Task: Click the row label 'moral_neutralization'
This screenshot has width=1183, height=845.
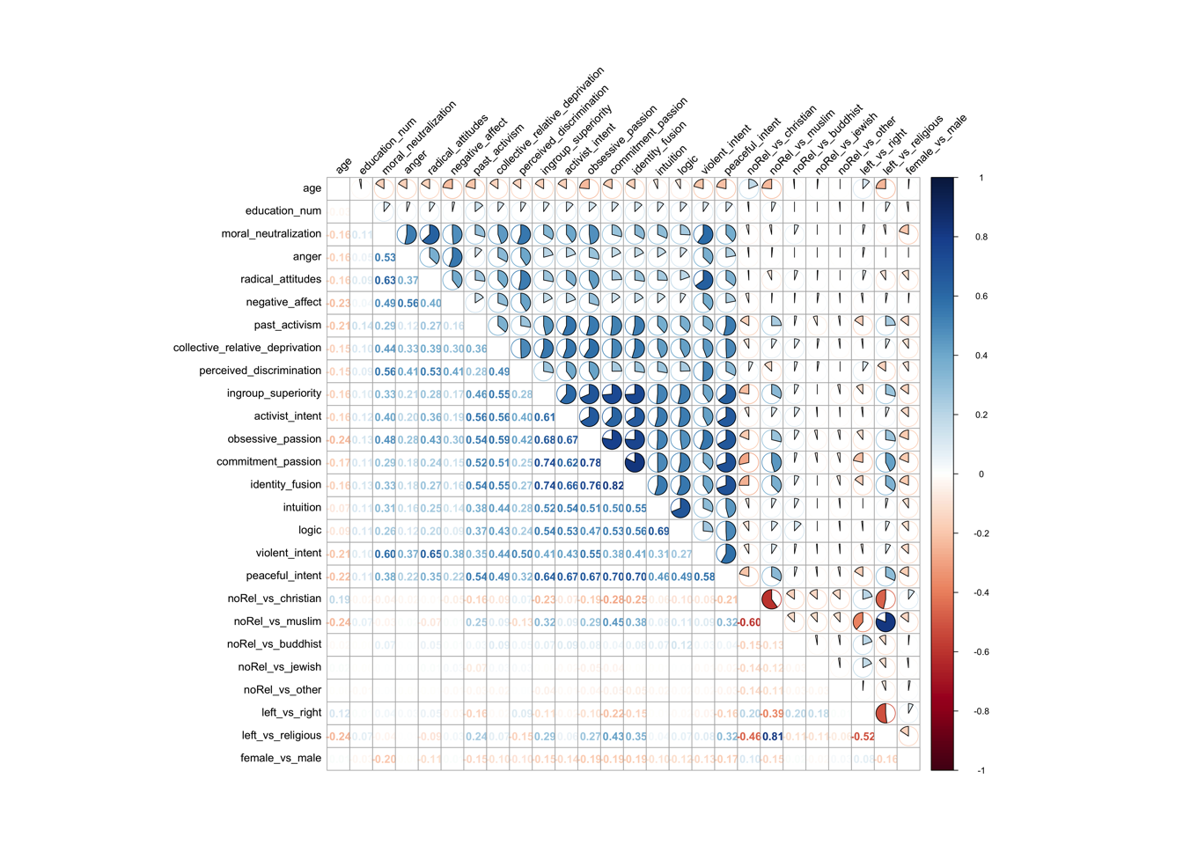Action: coord(271,234)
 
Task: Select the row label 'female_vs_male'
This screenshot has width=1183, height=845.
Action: coord(281,758)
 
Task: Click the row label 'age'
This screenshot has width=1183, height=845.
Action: coord(312,188)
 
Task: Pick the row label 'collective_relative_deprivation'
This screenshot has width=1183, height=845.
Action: coord(247,348)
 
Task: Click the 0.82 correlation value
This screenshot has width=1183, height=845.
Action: coord(613,485)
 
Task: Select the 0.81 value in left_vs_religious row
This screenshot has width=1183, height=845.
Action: coord(772,736)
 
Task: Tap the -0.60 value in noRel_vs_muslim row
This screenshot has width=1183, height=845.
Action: coord(749,622)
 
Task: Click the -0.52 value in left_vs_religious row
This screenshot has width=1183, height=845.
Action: coord(863,736)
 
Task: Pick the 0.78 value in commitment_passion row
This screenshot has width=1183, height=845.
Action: coord(590,462)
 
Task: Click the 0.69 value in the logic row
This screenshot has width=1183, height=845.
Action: coord(658,531)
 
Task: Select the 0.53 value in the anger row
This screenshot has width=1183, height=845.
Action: coord(385,258)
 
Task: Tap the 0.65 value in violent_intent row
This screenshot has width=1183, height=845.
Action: coord(430,554)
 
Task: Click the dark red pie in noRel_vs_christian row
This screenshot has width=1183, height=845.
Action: coord(772,599)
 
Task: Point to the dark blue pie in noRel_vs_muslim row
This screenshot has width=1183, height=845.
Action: coord(886,621)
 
